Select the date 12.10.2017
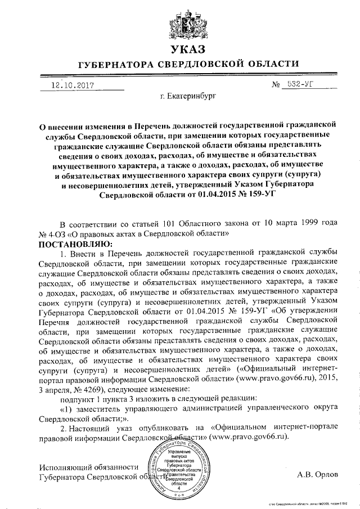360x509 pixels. pyautogui.click(x=72, y=85)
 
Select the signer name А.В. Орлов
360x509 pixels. pyautogui.click(x=318, y=474)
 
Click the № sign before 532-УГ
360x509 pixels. pyautogui.click(x=276, y=85)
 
